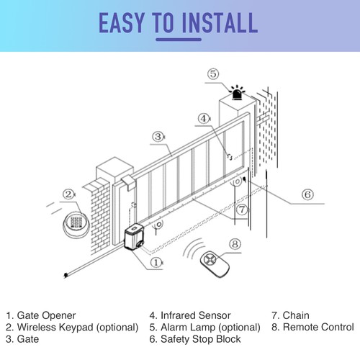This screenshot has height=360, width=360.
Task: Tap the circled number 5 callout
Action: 212,74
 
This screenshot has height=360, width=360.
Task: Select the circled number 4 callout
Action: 204,119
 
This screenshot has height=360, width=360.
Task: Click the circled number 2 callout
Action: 68,194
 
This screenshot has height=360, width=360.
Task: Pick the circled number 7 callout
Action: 243,208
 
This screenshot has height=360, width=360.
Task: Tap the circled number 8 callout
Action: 234,244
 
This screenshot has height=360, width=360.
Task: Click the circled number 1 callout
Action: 157,264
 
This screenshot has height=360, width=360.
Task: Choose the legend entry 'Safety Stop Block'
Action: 195,338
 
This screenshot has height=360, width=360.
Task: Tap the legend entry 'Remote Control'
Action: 313,327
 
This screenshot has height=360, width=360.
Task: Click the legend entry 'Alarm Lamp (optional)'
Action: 205,327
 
